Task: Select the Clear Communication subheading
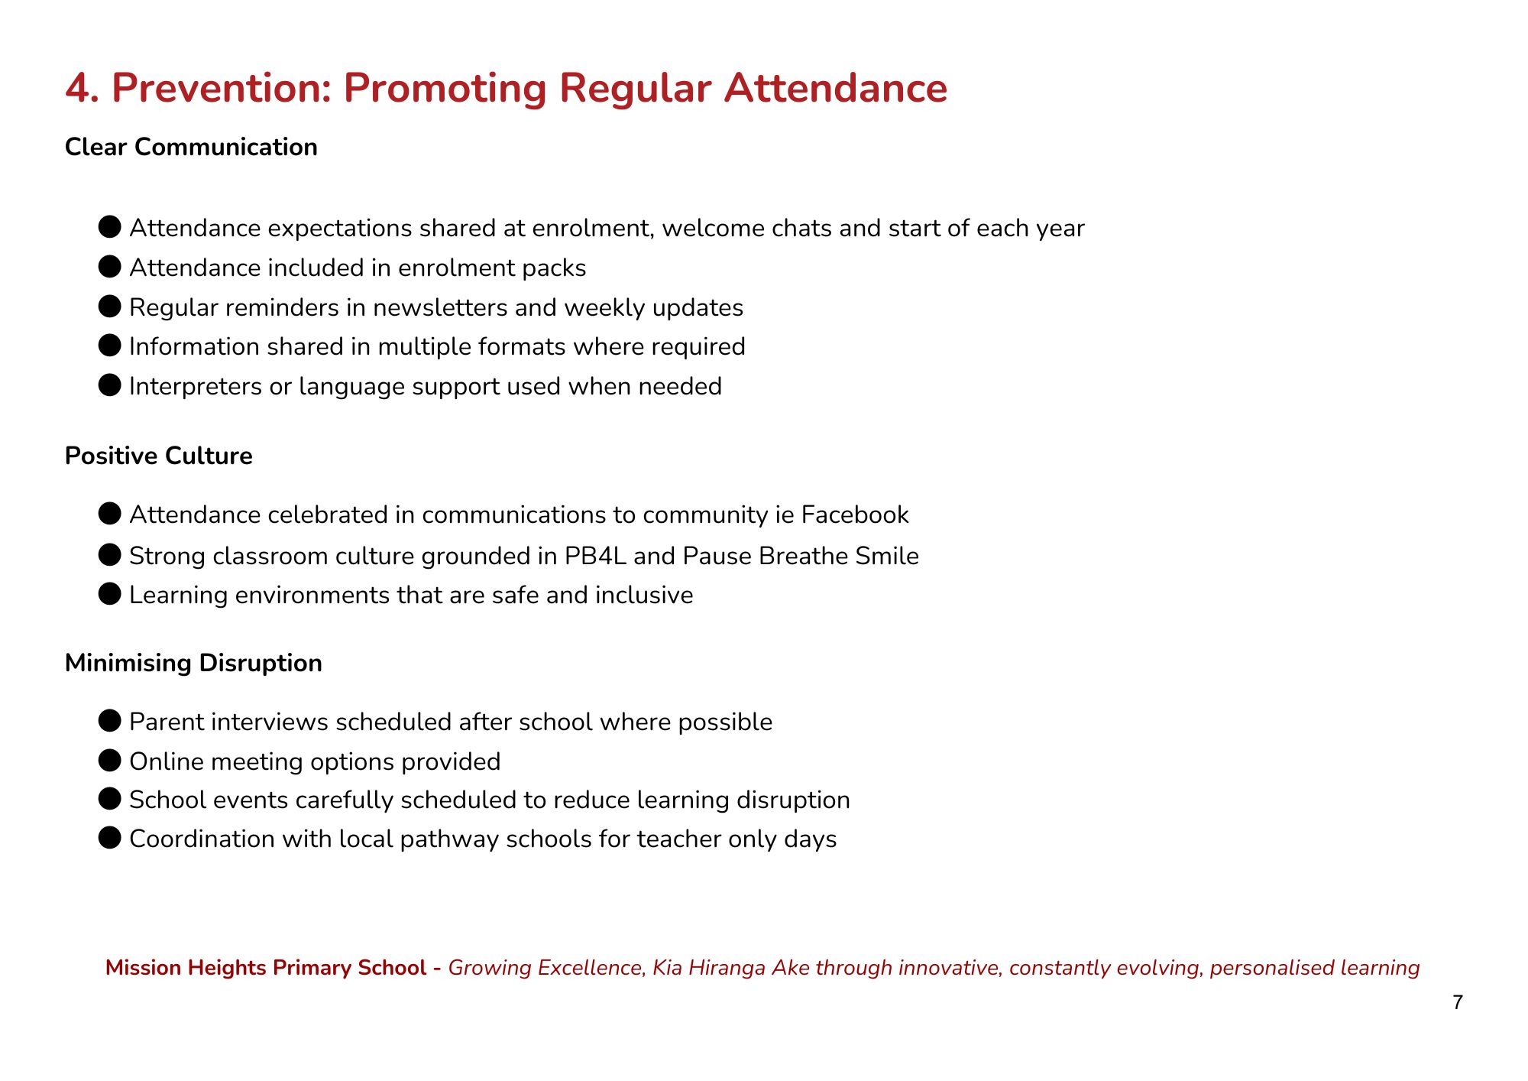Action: pos(191,147)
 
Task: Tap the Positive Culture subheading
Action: pos(158,456)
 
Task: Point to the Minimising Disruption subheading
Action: pos(193,663)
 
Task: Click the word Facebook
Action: pos(855,515)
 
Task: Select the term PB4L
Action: pos(595,556)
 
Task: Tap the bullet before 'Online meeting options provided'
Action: pos(110,761)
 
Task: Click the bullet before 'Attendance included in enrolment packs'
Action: pos(110,267)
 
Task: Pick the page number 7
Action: pos(1458,1002)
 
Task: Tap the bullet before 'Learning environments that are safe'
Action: pos(110,594)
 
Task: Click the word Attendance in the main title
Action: pos(836,89)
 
